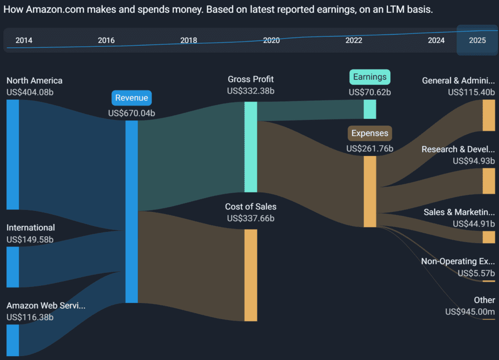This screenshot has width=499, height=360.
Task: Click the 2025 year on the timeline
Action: [477, 40]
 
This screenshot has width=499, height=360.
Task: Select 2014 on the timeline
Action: [24, 40]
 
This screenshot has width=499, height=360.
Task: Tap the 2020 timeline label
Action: [271, 40]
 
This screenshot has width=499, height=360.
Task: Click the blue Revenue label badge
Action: [132, 98]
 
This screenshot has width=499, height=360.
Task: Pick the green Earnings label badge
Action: [370, 77]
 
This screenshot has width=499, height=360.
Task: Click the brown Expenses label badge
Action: [370, 133]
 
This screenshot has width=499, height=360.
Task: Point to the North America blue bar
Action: [13, 154]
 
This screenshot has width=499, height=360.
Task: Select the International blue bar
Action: [13, 267]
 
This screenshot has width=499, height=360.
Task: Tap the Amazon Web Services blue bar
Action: [13, 340]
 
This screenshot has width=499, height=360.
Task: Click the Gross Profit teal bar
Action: [250, 147]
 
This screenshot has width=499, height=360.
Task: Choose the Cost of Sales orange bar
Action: [250, 275]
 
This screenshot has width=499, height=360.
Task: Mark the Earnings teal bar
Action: [370, 109]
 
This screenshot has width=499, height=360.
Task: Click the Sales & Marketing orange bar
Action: [489, 237]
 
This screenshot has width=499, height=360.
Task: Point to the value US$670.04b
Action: [132, 113]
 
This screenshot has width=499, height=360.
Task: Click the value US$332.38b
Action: [250, 91]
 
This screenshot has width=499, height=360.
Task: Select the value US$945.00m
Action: [470, 311]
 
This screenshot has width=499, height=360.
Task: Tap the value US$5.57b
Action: [476, 273]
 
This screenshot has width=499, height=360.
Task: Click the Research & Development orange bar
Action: [489, 181]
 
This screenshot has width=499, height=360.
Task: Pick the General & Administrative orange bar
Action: [489, 115]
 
